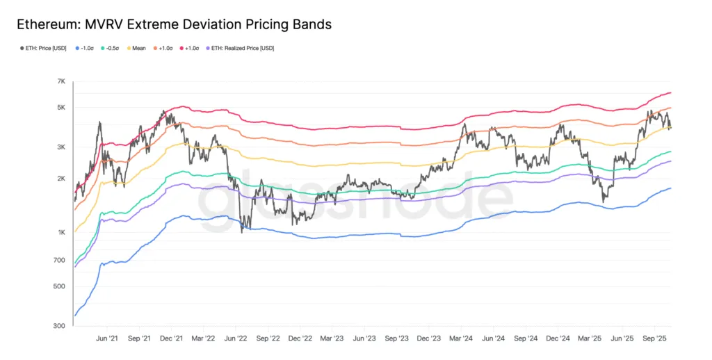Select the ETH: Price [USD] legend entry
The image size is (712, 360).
43,48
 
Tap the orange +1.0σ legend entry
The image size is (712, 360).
165,48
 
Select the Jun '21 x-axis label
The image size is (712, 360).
107,338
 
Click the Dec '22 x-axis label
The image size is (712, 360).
300,338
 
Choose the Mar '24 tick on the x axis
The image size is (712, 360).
461,338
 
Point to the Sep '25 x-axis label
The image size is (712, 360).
655,338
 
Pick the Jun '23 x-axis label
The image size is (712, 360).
364,338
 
